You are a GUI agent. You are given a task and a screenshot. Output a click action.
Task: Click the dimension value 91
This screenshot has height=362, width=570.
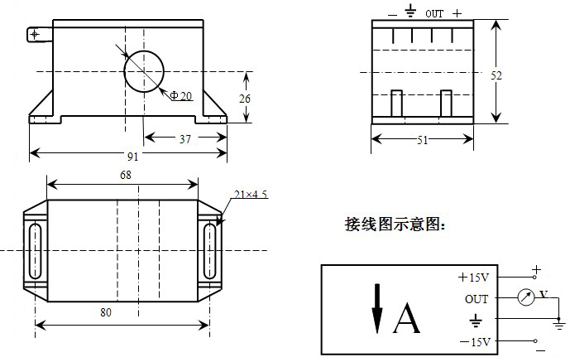coord(132,157)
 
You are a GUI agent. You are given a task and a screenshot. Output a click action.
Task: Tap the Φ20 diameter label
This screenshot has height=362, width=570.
coord(180,96)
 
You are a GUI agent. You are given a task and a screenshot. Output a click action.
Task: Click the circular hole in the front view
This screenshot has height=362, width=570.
coord(144,70)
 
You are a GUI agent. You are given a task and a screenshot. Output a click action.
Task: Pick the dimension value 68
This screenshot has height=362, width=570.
coord(125,175)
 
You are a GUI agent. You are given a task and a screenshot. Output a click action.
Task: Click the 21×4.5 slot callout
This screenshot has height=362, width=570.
coord(251,195)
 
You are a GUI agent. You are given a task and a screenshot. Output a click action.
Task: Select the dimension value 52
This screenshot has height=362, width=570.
coord(496,75)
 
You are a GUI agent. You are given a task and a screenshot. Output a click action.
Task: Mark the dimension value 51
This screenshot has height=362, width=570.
coord(422,141)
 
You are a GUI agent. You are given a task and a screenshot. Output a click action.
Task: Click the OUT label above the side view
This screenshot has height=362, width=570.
coord(434,14)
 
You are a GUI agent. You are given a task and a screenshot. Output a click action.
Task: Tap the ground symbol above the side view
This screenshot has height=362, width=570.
coord(409,12)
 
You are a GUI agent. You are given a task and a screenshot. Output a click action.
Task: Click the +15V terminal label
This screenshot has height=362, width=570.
coord(474,278)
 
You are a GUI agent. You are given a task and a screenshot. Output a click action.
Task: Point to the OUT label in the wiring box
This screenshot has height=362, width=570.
coord(477,299)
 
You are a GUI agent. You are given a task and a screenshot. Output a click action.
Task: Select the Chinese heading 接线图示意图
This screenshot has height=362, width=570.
coord(395,224)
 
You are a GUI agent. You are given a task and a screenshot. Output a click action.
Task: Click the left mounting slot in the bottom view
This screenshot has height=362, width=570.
coord(35,249)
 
